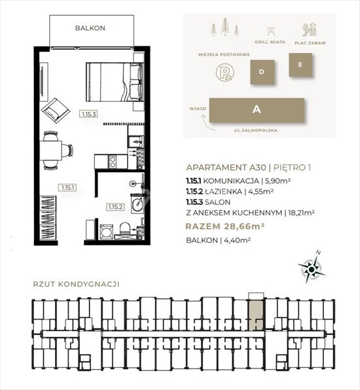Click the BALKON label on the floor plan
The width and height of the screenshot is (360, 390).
tap(90, 28)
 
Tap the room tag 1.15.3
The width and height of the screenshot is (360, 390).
tap(89, 114)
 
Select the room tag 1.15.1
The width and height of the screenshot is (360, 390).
tap(67, 188)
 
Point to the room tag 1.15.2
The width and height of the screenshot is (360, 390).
tap(115, 207)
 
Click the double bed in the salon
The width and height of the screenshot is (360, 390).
tap(115, 82)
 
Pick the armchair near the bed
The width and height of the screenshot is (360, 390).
tap(55, 111)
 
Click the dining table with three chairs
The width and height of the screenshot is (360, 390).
tap(54, 151)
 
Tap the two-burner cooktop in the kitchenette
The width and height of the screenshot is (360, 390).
tap(112, 162)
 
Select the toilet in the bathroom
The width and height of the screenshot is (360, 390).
tap(124, 230)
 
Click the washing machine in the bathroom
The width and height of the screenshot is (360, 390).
tap(107, 232)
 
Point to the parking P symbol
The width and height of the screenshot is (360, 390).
tap(225, 73)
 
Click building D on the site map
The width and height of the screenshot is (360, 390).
tap(262, 72)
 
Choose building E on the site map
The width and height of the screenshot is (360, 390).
tap(300, 65)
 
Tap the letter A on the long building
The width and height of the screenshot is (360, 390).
tap(257, 109)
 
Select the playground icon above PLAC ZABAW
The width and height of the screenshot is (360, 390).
tap(310, 30)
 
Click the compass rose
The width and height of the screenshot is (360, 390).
tap(312, 269)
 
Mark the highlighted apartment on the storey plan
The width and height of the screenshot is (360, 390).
tap(255, 315)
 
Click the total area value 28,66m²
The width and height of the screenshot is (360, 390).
tap(243, 226)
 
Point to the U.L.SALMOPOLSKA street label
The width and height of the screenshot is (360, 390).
tap(255, 130)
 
